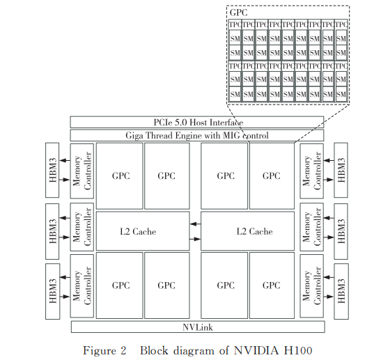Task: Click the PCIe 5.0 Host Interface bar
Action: [196, 123]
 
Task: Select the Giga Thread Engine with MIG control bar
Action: [196, 135]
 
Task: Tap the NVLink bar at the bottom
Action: [196, 327]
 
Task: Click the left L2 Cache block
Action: [143, 231]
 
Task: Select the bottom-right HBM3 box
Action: [341, 291]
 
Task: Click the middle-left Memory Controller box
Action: [81, 230]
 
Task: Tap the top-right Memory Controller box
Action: [312, 171]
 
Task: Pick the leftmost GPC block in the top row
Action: [120, 175]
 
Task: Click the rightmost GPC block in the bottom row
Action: [271, 285]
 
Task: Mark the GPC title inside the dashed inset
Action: [238, 13]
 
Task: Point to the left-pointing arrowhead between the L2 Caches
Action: [194, 224]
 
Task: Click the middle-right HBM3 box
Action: [341, 230]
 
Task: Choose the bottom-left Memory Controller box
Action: [81, 291]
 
